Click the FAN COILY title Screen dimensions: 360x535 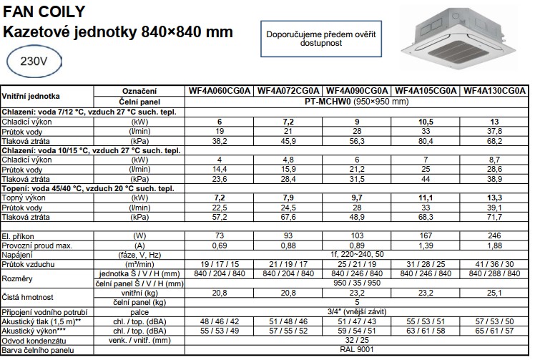(44, 11)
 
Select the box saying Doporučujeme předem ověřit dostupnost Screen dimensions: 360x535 (321, 38)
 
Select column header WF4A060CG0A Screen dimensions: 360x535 (219, 91)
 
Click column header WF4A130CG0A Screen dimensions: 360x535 (495, 91)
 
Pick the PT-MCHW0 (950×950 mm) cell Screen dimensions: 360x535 (357, 102)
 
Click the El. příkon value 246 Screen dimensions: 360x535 (495, 235)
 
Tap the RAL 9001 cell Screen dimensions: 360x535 (357, 349)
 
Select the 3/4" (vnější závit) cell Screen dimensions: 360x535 (357, 312)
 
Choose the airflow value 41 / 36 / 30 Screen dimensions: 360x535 (495, 264)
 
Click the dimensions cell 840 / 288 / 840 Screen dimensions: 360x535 (495, 273)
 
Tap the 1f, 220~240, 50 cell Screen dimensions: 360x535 (357, 254)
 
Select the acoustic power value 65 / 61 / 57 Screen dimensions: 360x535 (495, 331)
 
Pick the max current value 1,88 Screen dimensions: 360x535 (495, 245)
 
